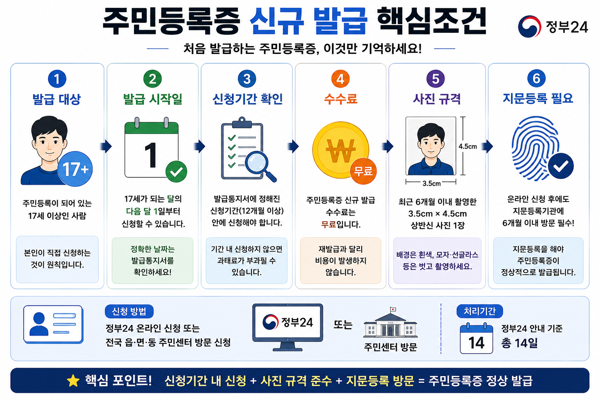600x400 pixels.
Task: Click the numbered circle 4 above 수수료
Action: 340,79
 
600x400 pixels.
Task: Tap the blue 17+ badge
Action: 75,169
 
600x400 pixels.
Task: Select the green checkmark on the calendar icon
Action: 176,172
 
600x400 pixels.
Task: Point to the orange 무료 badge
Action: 363,171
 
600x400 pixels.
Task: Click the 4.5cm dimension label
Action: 468,146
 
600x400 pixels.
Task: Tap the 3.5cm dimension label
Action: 432,184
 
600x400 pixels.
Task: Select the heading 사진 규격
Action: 437,99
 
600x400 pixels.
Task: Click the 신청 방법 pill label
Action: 129,311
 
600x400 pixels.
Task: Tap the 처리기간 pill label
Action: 479,311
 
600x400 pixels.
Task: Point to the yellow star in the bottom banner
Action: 73,381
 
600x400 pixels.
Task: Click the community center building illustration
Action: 390,322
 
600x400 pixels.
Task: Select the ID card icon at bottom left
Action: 53,325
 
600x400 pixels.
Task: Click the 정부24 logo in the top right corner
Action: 553,27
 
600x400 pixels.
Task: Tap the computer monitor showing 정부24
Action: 287,327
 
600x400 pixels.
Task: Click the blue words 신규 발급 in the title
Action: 309,21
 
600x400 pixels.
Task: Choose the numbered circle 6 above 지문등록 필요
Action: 536,79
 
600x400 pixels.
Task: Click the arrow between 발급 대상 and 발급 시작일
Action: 106,146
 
